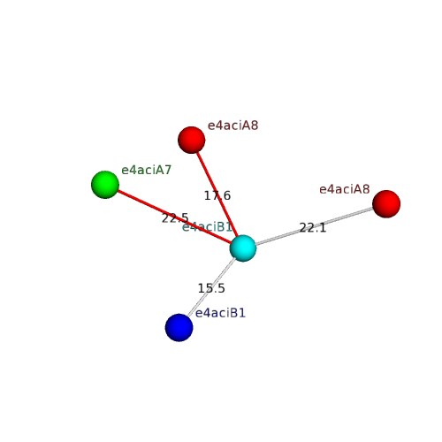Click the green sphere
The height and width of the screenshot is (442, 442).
click(x=105, y=185)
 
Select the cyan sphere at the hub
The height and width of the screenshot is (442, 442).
click(x=243, y=248)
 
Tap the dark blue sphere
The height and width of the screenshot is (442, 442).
click(x=179, y=328)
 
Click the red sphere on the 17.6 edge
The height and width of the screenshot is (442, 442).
click(x=192, y=140)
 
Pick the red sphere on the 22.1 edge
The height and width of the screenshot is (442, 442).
click(x=386, y=204)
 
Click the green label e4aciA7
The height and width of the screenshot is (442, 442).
click(x=146, y=170)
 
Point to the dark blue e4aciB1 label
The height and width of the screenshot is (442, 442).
click(x=220, y=313)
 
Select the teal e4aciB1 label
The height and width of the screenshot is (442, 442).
click(x=207, y=227)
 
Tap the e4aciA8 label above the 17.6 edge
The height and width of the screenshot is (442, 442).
click(x=232, y=126)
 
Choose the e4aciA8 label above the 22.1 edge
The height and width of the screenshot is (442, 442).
click(x=345, y=189)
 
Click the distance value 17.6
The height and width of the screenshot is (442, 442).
click(x=217, y=195)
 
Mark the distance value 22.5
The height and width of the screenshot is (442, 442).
click(x=175, y=218)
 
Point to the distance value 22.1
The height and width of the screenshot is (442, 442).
click(x=313, y=228)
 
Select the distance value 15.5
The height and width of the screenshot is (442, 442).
click(x=211, y=288)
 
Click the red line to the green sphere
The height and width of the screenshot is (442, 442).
click(x=174, y=217)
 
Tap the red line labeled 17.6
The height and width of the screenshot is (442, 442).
click(x=217, y=194)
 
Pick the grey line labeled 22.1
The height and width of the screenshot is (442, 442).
click(x=315, y=226)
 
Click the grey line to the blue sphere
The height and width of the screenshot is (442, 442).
click(x=211, y=287)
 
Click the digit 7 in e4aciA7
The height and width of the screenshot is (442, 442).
click(x=168, y=170)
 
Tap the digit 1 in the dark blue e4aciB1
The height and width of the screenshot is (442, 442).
click(x=242, y=313)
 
